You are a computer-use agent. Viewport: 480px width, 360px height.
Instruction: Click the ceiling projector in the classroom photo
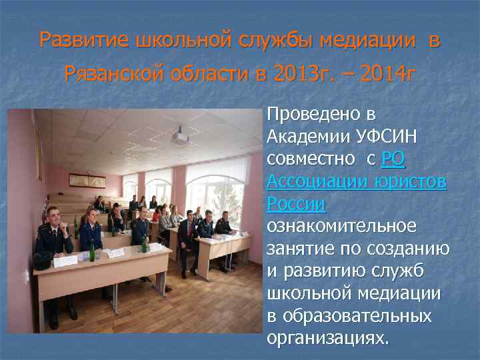coord(180,137)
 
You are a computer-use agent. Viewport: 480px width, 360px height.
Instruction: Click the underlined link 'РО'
coord(394,159)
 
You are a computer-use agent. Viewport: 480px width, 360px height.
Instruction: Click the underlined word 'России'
coord(296,204)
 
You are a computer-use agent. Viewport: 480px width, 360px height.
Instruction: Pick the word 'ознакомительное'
coord(341,227)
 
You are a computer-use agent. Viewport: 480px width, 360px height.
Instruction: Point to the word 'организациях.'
coord(327,338)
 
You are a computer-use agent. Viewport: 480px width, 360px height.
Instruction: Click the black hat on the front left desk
coord(43,261)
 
